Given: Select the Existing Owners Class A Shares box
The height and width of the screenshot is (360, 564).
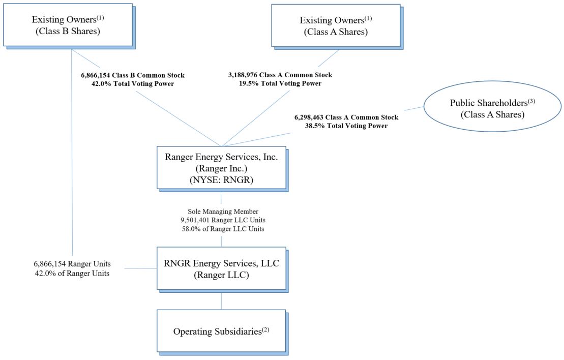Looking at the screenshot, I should [x=335, y=25].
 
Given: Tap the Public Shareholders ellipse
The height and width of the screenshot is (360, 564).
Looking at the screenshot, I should [x=488, y=108].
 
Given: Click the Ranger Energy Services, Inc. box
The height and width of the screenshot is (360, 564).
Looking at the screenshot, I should [x=221, y=168].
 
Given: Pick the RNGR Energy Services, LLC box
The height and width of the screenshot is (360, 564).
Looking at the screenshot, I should [x=221, y=268].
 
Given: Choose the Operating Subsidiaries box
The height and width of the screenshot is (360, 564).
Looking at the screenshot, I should [x=221, y=331].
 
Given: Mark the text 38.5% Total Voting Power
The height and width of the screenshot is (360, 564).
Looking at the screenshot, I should [x=346, y=126].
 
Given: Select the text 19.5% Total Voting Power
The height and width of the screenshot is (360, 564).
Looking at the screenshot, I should [x=280, y=83].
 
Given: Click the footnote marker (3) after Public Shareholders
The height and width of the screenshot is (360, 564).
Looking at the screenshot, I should [x=521, y=100].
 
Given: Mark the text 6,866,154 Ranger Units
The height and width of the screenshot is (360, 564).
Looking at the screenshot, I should [x=72, y=264].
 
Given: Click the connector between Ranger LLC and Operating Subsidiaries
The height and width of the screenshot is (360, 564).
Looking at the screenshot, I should [x=221, y=302].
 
